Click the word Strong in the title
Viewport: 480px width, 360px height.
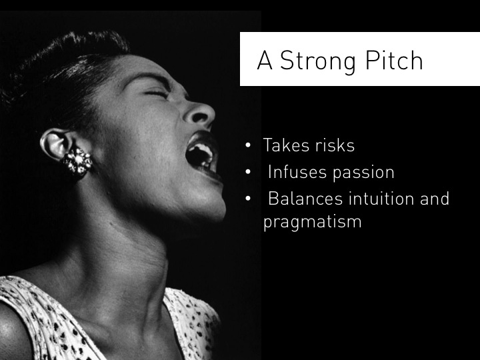click(317, 61)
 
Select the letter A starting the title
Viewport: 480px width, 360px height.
click(265, 60)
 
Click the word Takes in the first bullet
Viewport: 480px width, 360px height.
click(286, 145)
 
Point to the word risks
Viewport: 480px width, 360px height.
click(335, 145)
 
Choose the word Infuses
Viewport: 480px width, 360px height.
click(297, 172)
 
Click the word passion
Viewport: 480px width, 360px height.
click(363, 173)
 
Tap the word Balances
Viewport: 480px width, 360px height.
click(305, 199)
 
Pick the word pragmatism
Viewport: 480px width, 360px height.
click(312, 222)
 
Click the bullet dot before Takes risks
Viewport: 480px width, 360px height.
click(248, 145)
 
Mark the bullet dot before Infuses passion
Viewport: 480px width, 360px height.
click(248, 172)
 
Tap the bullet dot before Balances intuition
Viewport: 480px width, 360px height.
click(248, 199)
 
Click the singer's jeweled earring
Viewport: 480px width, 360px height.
click(78, 161)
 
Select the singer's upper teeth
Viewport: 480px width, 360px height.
click(201, 148)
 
